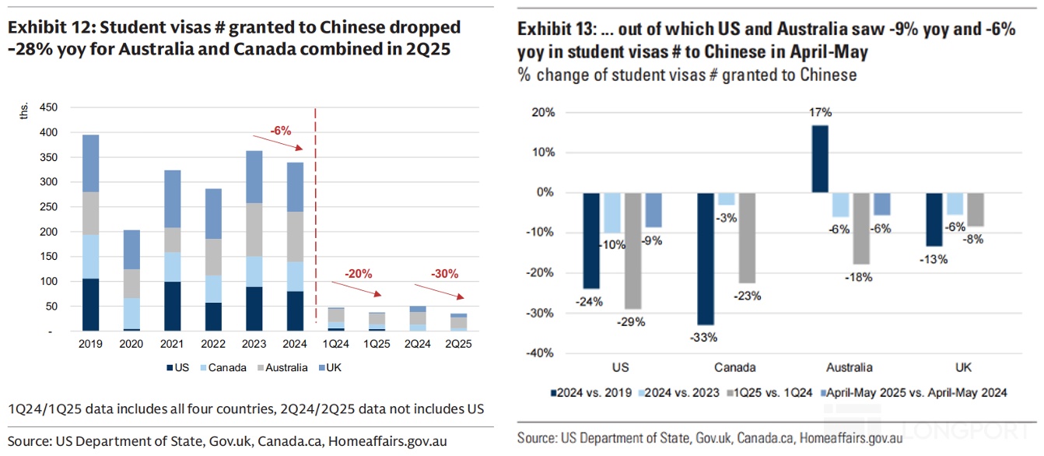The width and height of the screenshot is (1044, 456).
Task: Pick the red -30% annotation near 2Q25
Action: (446, 274)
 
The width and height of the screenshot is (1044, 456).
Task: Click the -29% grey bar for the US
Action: (633, 251)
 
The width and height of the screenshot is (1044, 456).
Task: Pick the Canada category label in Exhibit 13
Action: (735, 367)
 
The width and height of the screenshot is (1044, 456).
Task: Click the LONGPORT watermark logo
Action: (972, 430)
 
